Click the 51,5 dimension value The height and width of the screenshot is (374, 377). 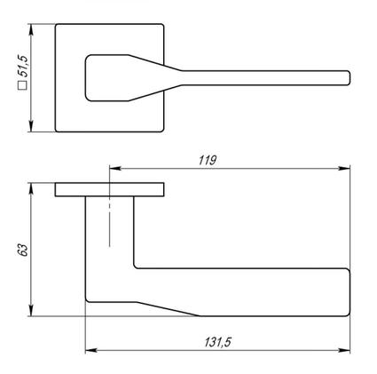(x=23, y=66)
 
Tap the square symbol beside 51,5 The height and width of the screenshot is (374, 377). (x=23, y=85)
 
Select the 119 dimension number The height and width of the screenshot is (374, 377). (x=208, y=161)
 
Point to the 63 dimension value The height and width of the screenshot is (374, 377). (x=23, y=251)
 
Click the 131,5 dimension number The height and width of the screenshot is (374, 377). (x=217, y=343)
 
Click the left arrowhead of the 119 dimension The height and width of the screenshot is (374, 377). (x=115, y=169)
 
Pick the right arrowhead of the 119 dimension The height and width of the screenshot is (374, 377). (x=344, y=169)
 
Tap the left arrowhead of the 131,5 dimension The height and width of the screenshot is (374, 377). (x=91, y=351)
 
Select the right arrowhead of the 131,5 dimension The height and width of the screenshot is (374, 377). (x=344, y=351)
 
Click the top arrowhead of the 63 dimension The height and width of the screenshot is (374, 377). (x=30, y=189)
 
